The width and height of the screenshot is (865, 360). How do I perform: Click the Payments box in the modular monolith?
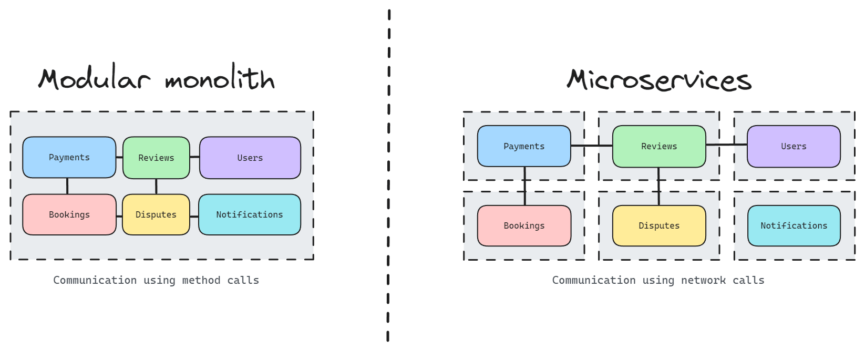(69, 157)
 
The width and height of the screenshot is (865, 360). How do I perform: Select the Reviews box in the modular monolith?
(156, 158)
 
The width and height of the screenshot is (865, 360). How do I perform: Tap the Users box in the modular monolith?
(250, 158)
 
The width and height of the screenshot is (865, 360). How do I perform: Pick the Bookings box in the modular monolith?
(69, 214)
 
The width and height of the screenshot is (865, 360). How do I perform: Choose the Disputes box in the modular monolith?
(156, 214)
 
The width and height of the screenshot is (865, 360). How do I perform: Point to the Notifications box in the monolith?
(249, 214)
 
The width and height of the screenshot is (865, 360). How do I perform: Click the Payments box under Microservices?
(524, 146)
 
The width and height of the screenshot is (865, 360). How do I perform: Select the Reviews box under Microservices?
(659, 146)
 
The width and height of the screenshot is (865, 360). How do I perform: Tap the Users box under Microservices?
(794, 146)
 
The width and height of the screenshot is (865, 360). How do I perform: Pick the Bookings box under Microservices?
(524, 225)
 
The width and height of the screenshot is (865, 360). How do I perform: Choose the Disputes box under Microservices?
(659, 225)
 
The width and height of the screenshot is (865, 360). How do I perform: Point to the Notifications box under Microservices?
(794, 225)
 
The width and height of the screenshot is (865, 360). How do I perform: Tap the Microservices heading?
(659, 80)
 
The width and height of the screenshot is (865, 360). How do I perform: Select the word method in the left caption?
(201, 280)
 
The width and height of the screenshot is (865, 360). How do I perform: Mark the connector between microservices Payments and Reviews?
(592, 146)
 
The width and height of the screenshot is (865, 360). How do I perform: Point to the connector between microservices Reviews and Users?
(726, 145)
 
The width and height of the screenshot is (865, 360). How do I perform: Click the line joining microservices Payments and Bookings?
(524, 186)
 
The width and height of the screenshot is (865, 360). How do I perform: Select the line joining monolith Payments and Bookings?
(67, 186)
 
